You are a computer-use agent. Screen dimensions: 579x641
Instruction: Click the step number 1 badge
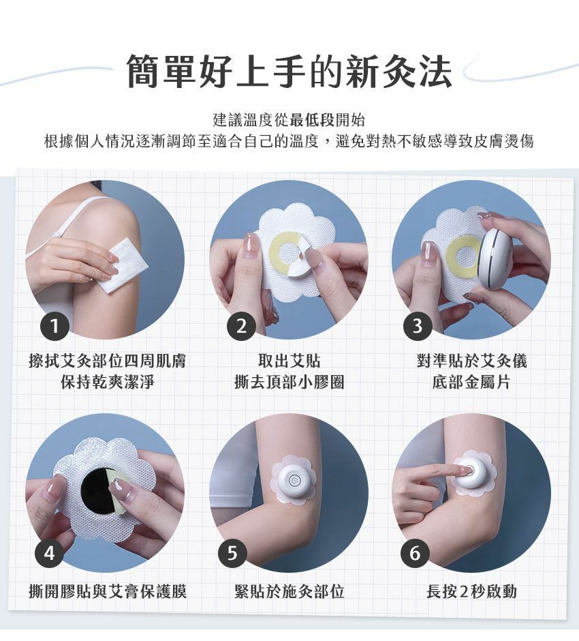coord(54,326)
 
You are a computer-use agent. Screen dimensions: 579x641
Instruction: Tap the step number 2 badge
coord(241,326)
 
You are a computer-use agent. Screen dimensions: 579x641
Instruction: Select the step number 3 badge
coord(418,326)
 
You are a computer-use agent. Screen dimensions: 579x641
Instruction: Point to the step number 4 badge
coord(49,553)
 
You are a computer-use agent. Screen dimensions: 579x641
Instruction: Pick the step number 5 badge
coord(232,553)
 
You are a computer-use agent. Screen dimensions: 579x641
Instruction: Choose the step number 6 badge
coord(414,553)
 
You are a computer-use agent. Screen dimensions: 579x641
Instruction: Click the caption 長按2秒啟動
coord(471,591)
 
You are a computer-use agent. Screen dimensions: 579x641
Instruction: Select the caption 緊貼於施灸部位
coord(289,591)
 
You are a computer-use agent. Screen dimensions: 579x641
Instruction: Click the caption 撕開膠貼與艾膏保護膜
coord(108,591)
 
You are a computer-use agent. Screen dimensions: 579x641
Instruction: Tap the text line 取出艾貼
coord(289,361)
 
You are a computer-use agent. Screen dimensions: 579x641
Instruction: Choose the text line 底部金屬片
coord(471,382)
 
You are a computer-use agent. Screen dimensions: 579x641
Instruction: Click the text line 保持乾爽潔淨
coord(108,382)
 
